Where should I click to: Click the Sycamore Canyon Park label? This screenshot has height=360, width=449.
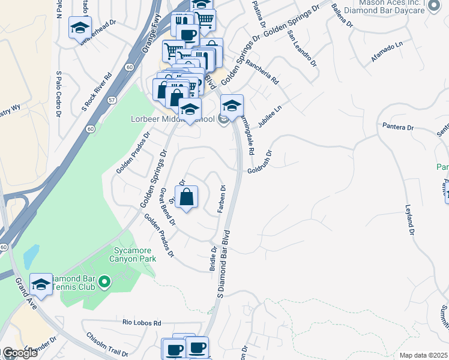[x=134, y=254]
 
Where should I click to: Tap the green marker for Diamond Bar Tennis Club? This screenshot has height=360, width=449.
[x=104, y=281]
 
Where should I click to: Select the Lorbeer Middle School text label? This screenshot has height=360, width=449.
[x=172, y=119]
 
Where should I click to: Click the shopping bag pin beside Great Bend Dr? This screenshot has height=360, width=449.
[x=187, y=197]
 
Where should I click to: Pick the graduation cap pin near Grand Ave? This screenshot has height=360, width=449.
[x=41, y=284]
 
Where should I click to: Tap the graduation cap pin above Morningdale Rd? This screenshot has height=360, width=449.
[x=232, y=106]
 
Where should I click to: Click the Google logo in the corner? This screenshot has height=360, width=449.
[x=19, y=353]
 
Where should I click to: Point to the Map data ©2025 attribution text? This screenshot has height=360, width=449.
[x=423, y=355]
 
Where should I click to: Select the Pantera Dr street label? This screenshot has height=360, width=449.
[x=398, y=127]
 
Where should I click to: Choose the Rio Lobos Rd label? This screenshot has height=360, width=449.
[x=142, y=323]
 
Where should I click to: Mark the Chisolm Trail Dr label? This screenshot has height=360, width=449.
[x=108, y=344]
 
